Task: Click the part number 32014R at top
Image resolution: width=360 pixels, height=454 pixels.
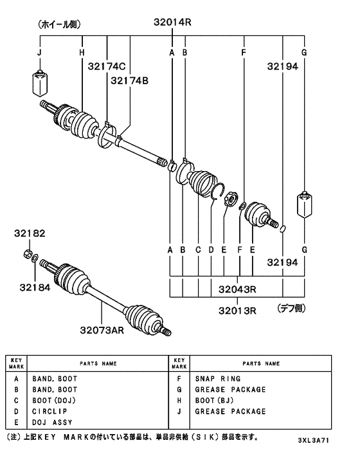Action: coord(172,23)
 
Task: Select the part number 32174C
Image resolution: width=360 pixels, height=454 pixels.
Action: coord(107,66)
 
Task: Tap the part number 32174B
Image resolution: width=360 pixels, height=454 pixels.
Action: coord(129,80)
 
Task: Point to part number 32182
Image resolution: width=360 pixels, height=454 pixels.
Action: coord(30,233)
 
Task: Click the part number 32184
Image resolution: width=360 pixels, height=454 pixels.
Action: coord(35,287)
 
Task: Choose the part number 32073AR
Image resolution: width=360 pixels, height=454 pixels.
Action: coord(102,330)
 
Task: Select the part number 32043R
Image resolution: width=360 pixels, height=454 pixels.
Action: coord(237,289)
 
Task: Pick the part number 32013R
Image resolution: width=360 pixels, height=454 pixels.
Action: coord(237,311)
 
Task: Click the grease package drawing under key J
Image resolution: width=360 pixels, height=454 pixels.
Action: coord(40,83)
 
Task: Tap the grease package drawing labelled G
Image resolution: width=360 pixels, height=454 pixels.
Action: coord(305,204)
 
